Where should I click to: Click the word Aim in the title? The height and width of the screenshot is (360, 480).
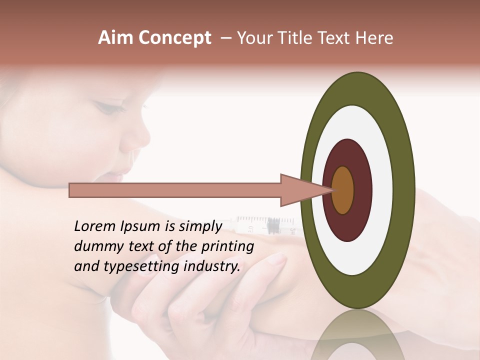point(115,38)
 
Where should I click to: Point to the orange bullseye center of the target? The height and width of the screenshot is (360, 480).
point(342,190)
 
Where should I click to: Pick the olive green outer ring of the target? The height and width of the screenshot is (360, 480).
point(402,190)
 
